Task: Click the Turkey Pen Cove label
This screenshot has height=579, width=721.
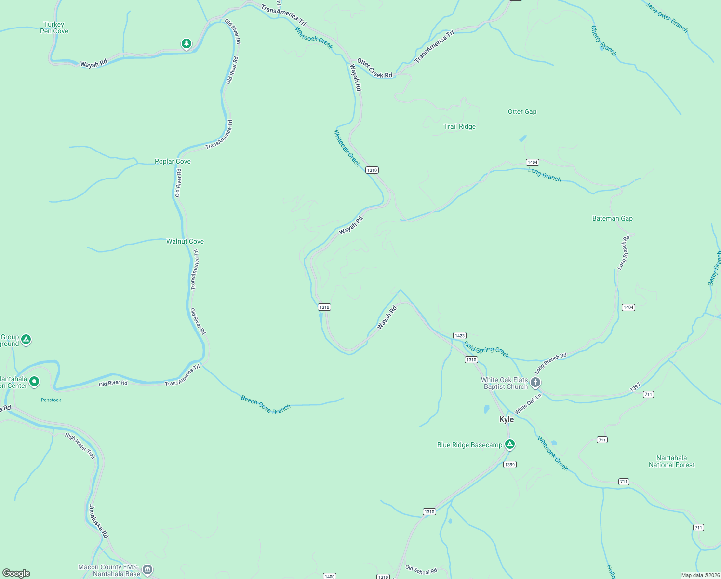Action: pos(54,28)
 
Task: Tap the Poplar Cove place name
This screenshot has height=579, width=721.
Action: pos(173,161)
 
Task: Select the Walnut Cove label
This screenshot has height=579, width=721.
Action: pos(185,241)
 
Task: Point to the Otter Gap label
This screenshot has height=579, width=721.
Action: pos(522,111)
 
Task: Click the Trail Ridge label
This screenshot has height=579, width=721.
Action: pos(460,126)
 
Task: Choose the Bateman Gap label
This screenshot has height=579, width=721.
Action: pos(612,218)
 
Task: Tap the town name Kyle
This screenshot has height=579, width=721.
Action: pos(507,419)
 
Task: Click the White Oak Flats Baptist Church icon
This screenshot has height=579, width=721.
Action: pos(535,383)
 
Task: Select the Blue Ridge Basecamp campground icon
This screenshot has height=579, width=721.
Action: pos(510,444)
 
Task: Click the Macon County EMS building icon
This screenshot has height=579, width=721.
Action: pos(148,570)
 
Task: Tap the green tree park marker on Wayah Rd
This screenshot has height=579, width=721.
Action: pos(187,44)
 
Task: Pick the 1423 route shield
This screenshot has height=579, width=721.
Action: pos(459,336)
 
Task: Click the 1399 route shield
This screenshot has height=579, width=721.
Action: pos(509,465)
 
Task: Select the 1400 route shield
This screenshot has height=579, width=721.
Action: pos(330,576)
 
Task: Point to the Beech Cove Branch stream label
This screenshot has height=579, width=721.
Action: pos(266,404)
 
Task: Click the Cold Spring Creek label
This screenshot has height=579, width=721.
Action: pos(486,349)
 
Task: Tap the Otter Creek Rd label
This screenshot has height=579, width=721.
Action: pos(374,69)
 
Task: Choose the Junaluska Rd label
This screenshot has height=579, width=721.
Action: pos(99,521)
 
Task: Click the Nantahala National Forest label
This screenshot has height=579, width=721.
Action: pos(671,461)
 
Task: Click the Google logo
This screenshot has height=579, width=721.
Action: pos(16,573)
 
